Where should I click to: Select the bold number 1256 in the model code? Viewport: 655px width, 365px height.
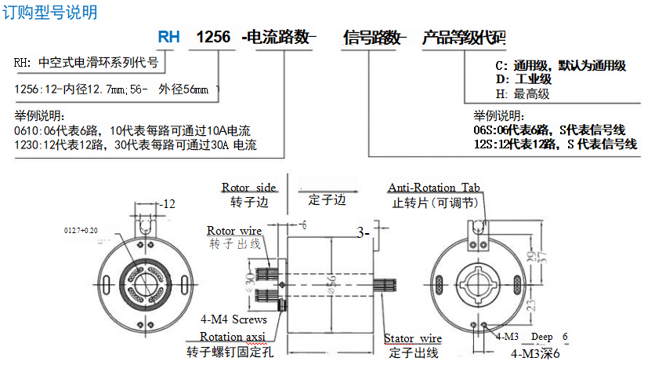pyautogui.click(x=212, y=37)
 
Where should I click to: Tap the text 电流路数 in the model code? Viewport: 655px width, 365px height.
pyautogui.click(x=279, y=37)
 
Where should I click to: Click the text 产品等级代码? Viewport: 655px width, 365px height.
pyautogui.click(x=464, y=37)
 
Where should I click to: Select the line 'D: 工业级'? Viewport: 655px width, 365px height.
pyautogui.click(x=524, y=79)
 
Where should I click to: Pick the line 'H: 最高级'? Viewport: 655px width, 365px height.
pyautogui.click(x=523, y=93)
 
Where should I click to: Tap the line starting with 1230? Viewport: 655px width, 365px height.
pyautogui.click(x=136, y=144)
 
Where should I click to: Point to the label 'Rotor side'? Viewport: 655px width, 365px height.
pyautogui.click(x=248, y=188)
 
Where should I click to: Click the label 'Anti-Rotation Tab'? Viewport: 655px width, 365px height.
pyautogui.click(x=433, y=188)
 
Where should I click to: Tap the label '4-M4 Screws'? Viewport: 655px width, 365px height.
pyautogui.click(x=233, y=319)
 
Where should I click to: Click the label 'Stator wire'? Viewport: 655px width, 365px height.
pyautogui.click(x=412, y=339)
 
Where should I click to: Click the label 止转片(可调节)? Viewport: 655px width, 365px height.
pyautogui.click(x=432, y=202)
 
